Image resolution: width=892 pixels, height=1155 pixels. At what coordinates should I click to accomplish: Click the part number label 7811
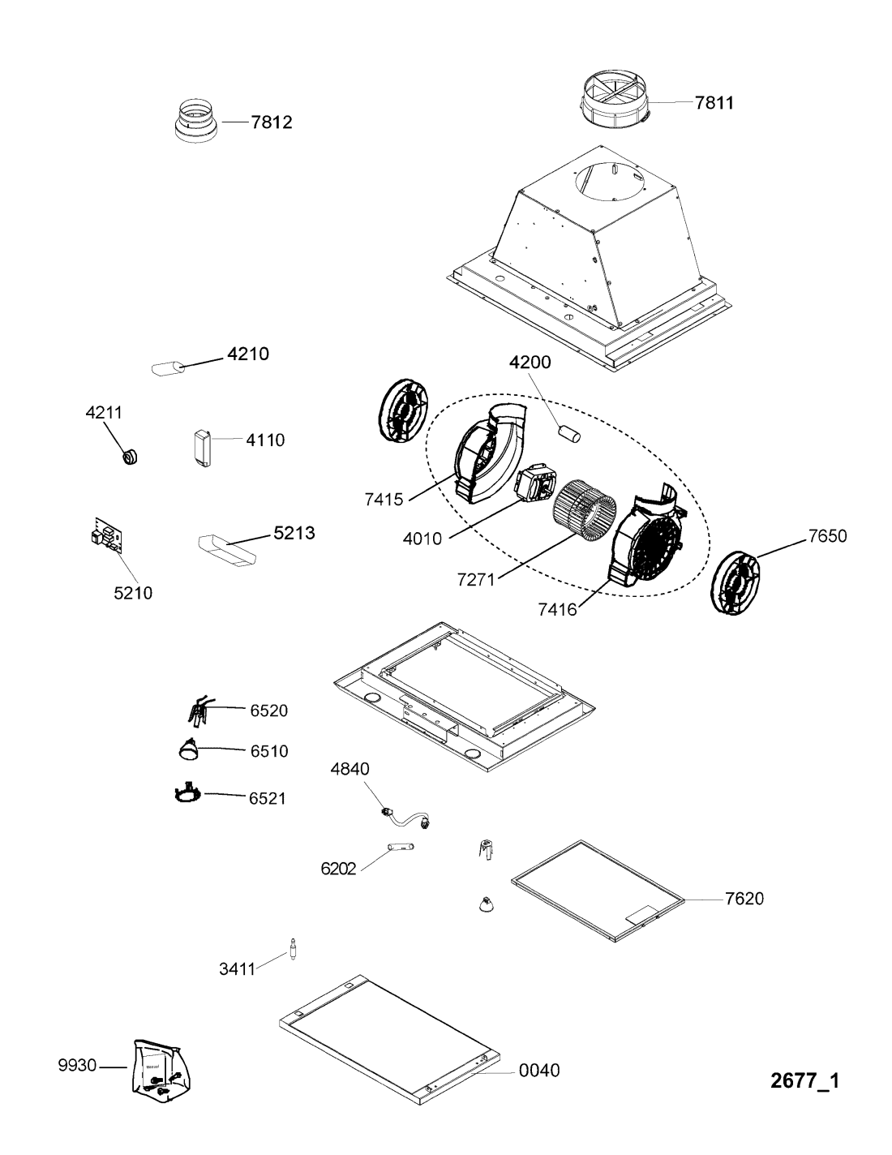click(x=714, y=102)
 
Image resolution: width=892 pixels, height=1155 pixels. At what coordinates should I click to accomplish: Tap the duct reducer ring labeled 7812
click(x=197, y=121)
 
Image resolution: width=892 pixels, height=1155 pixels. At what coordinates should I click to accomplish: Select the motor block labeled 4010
click(x=534, y=482)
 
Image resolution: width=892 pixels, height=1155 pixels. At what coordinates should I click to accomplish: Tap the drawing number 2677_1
click(x=805, y=1080)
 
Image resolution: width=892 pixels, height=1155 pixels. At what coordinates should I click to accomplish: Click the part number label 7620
click(x=744, y=898)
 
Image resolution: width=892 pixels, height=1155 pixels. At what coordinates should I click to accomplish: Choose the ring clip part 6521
click(x=187, y=795)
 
